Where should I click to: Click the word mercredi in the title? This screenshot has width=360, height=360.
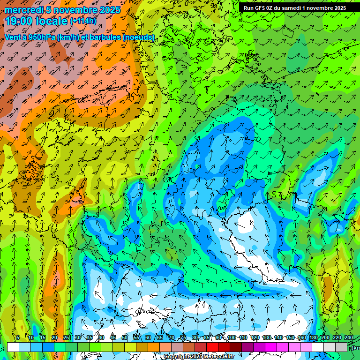coord(26,10)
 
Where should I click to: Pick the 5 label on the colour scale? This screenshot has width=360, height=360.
coord(18,338)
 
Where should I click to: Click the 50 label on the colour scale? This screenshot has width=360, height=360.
coord(124,338)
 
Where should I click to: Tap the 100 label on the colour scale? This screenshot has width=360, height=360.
coord(232,338)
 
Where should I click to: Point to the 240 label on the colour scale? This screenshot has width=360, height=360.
coord(349,338)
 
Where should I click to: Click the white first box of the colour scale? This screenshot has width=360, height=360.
coord(13,347)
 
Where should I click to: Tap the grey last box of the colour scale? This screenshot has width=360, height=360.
coord(342,347)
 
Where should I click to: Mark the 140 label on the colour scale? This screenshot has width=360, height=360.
coord(278,338)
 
